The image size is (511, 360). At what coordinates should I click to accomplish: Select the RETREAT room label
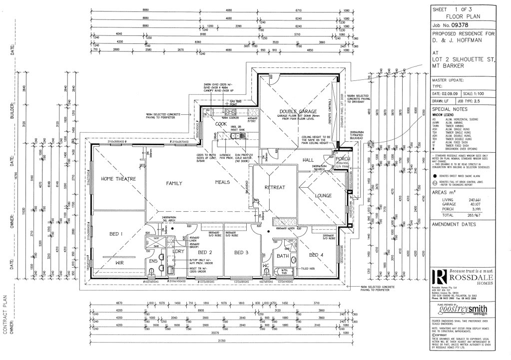[x=275, y=187]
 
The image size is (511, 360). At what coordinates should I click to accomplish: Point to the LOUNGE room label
[x=323, y=196]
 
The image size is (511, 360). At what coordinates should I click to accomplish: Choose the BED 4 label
[x=316, y=255]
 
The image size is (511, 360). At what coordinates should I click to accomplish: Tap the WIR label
[x=116, y=263]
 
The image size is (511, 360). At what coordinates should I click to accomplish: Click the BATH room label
[x=282, y=256]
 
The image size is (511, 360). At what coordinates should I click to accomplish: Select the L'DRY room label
[x=178, y=252]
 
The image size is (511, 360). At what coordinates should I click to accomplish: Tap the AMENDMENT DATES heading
[x=456, y=225]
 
